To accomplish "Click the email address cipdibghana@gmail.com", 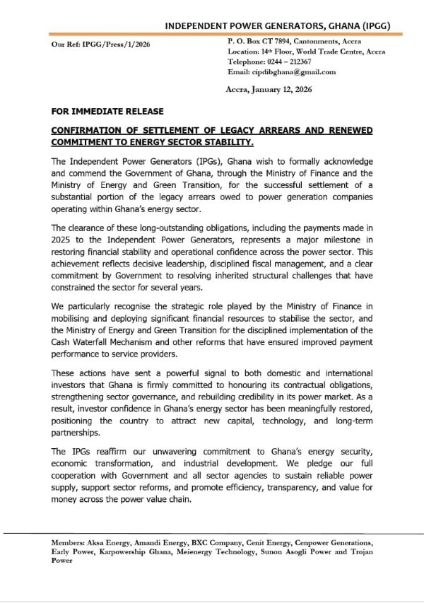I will [x=295, y=71].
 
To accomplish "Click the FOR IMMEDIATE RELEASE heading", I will [x=107, y=111].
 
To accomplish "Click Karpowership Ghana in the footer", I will [x=120, y=550].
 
